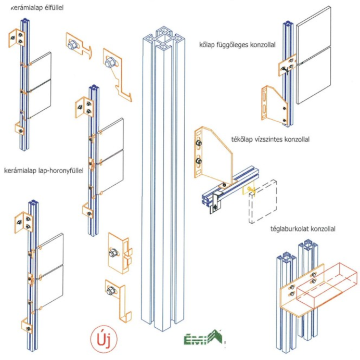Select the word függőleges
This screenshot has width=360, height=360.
click(237, 45)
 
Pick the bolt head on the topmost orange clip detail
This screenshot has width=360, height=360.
click(73, 45)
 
